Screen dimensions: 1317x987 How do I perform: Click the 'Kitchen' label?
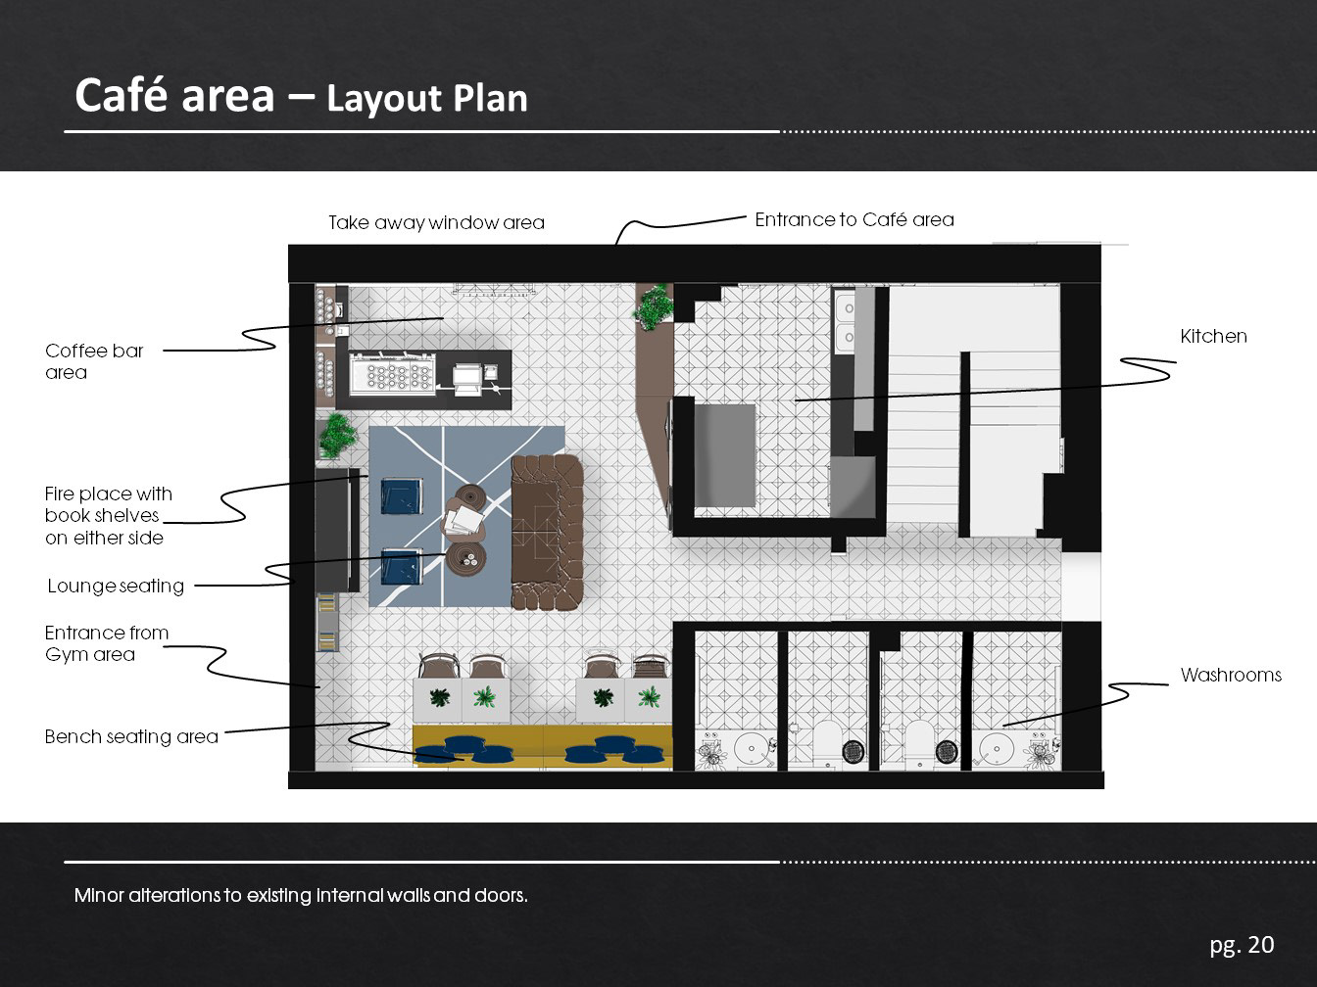pos(1213,336)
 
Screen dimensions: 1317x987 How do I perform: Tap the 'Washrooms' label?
pos(1231,675)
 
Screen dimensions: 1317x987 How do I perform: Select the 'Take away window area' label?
pos(436,222)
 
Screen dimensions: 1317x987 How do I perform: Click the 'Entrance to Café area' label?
pos(854,219)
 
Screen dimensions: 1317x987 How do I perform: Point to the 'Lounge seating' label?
pos(116,586)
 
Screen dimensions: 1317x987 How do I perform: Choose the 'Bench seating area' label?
pos(131,736)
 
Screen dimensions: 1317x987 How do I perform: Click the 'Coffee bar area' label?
pos(94,361)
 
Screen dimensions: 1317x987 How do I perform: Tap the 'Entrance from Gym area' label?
pos(107,643)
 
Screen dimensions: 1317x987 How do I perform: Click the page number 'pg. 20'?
pos(1242,945)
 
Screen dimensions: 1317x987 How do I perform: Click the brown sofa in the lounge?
pos(547,532)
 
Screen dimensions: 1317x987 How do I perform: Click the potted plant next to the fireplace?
pos(336,435)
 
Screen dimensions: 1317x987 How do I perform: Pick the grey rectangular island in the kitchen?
pos(724,455)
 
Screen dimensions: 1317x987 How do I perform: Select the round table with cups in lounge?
pos(466,559)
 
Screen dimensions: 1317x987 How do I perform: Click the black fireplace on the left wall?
pos(337,531)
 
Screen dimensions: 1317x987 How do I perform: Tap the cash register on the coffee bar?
pos(466,379)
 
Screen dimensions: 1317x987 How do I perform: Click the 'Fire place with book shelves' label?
pos(109,515)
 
